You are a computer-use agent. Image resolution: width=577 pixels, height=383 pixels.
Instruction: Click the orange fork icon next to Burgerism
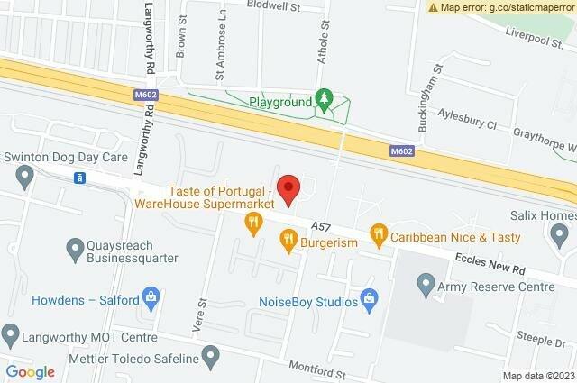[x=288, y=240]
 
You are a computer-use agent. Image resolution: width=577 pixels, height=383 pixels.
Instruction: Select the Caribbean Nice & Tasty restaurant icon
[x=379, y=237]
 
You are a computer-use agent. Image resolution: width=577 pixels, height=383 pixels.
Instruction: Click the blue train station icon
[x=79, y=178]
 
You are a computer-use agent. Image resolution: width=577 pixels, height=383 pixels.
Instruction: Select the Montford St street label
[x=316, y=368]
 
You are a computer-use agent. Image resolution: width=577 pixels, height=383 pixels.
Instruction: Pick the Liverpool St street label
[x=540, y=41]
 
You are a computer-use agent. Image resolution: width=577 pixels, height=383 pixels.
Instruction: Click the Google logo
[x=31, y=371]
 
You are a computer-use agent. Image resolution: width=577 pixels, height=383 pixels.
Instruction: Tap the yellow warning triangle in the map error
[x=434, y=7]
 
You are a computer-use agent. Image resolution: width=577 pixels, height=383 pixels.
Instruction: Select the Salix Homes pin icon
[x=558, y=235]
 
